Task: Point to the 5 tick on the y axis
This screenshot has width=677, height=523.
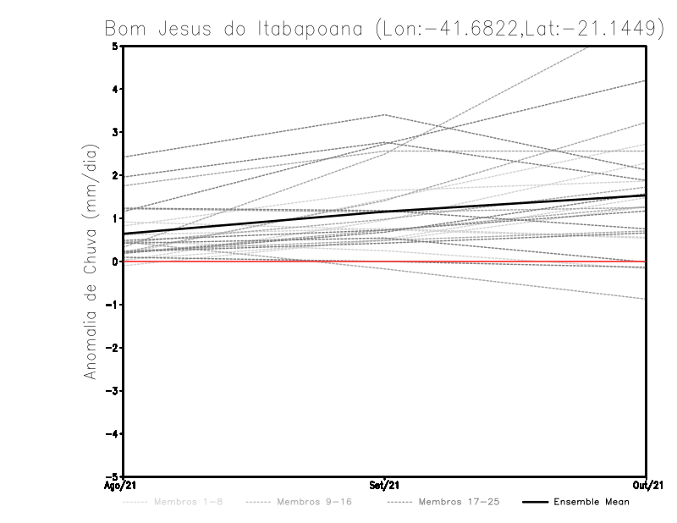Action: pos(115,47)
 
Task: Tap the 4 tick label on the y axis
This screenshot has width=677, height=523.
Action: pos(115,90)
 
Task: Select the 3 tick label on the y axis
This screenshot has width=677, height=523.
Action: pos(115,133)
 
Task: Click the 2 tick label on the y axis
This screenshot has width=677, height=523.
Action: pos(115,176)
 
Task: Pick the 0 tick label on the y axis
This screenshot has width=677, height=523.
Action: pos(115,261)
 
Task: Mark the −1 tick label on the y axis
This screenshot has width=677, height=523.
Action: pos(113,305)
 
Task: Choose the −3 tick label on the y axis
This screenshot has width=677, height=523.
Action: pos(113,391)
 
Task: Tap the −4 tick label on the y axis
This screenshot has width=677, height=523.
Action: pos(113,434)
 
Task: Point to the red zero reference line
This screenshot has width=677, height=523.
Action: pos(254,261)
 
